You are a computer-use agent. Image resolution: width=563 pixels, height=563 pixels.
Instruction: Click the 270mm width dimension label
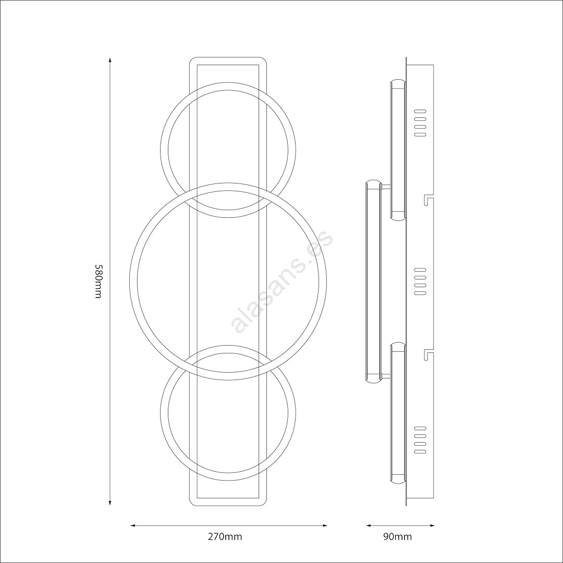(225, 537)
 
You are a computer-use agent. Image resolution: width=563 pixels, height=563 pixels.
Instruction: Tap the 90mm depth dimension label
(397, 537)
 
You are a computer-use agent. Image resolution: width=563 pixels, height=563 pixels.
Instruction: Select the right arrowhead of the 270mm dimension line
(325, 525)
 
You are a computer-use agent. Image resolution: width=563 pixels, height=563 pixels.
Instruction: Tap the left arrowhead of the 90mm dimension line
(369, 525)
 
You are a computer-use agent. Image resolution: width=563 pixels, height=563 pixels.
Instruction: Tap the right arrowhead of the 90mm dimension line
(432, 525)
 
